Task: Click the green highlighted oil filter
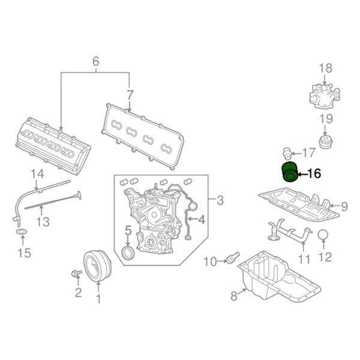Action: pyautogui.click(x=289, y=172)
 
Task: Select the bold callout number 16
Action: pyautogui.click(x=314, y=173)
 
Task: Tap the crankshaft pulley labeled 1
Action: pyautogui.click(x=97, y=266)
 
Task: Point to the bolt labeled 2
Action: pyautogui.click(x=76, y=274)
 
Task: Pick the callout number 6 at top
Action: pyautogui.click(x=96, y=61)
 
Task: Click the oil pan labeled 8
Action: pyautogui.click(x=279, y=277)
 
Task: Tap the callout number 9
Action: pyautogui.click(x=344, y=206)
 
